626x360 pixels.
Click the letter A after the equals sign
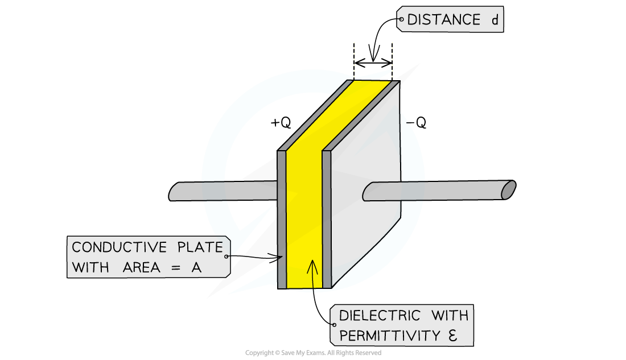(196, 267)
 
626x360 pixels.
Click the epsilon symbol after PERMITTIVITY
(452, 336)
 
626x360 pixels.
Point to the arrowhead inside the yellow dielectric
(311, 264)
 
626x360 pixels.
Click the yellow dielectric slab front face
(304, 216)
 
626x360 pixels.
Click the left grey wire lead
(222, 192)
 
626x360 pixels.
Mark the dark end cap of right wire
(508, 190)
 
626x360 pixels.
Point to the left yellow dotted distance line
(354, 60)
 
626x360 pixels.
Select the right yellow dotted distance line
(392, 60)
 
